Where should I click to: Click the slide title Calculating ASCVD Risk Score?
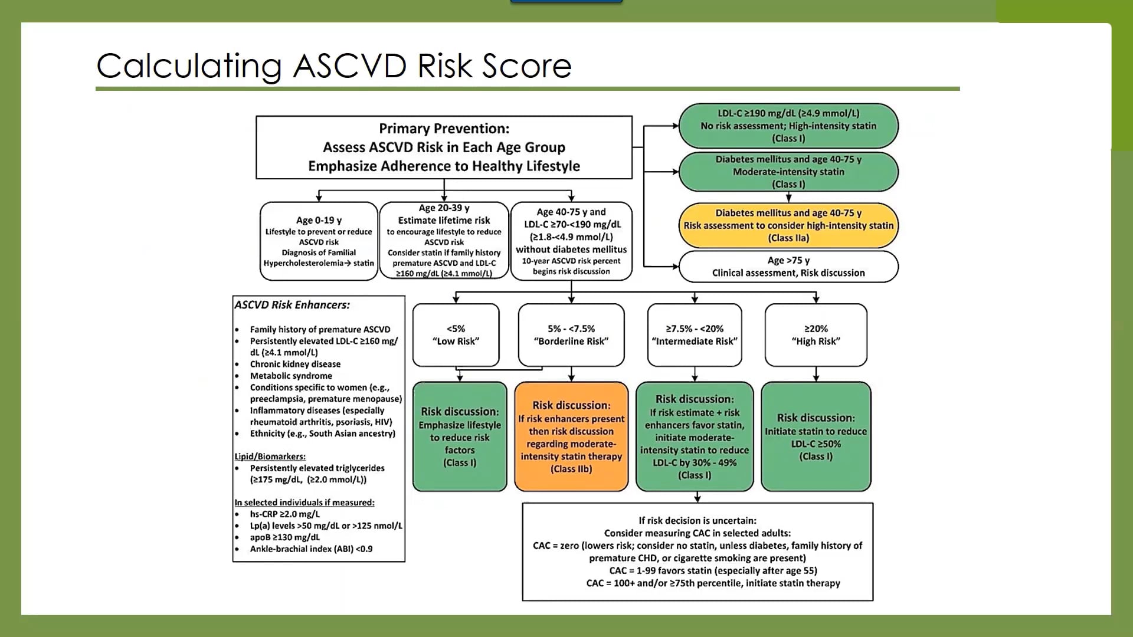[334, 65]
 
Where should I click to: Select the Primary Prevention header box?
[444, 147]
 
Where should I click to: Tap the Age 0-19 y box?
[319, 241]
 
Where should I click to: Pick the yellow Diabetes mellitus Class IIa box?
[788, 225]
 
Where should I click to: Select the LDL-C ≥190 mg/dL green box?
[788, 126]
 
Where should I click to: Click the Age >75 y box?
[788, 267]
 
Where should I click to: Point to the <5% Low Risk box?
[456, 335]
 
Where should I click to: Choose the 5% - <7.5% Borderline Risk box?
[571, 335]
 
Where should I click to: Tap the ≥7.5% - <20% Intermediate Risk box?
[695, 335]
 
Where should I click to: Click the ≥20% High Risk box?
[816, 335]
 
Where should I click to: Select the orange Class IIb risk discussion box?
[571, 436]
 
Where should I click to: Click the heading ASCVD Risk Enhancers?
[292, 305]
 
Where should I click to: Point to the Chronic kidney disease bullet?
[295, 364]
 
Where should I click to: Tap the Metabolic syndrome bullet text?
[291, 376]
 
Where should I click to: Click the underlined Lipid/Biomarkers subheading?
[270, 457]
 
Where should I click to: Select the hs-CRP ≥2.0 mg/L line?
[284, 514]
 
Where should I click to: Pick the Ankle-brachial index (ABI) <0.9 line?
[311, 549]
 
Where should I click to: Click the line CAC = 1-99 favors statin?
[713, 570]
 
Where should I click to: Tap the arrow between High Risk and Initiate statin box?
[816, 374]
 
